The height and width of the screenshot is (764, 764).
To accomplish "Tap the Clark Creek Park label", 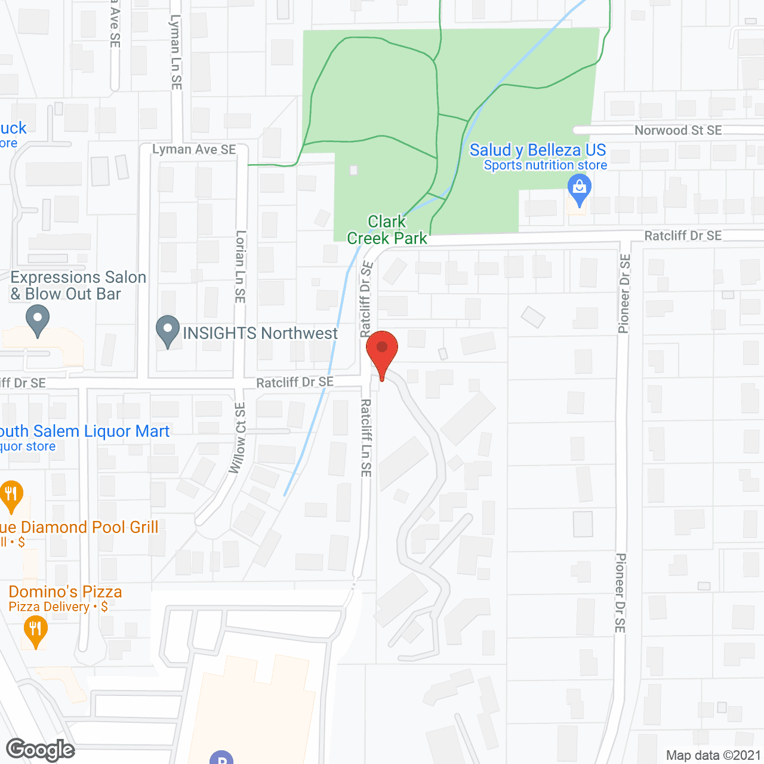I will (387, 230).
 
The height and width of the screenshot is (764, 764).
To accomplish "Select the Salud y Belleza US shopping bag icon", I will (579, 188).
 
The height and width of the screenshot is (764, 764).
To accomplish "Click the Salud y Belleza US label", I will (537, 150).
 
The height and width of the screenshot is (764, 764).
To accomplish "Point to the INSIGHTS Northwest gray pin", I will (168, 330).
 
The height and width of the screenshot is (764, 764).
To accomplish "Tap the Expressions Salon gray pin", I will (38, 320).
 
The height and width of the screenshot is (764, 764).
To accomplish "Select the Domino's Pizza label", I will (65, 592).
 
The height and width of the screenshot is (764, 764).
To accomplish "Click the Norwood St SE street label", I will (678, 130).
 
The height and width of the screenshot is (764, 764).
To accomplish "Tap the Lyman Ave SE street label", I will (194, 149).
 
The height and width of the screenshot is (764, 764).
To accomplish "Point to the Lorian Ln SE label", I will (241, 266).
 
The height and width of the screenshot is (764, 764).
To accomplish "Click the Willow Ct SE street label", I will (239, 438).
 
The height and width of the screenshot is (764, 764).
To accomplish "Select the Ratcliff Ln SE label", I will (366, 438).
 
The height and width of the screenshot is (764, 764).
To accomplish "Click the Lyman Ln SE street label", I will (175, 52).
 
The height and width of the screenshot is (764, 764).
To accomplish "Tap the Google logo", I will (41, 750).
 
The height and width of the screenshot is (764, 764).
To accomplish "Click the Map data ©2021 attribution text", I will (713, 755).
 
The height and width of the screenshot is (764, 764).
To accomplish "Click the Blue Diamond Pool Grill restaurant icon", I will (11, 495).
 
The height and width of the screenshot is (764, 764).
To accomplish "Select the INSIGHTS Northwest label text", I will (260, 333).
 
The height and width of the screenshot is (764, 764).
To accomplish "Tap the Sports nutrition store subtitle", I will (545, 165).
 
